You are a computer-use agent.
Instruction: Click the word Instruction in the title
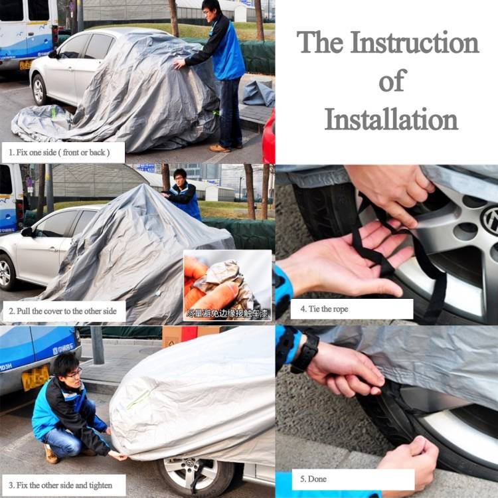(x=415, y=42)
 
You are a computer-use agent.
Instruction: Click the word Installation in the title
(x=391, y=120)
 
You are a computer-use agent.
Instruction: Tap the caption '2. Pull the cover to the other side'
(x=63, y=311)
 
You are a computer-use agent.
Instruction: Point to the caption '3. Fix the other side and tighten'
(x=63, y=485)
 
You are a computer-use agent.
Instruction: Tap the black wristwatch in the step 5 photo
(x=305, y=353)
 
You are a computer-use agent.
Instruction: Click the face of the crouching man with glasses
(x=68, y=367)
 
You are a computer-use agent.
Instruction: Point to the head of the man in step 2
(x=179, y=178)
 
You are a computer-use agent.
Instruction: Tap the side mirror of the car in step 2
(x=27, y=232)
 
